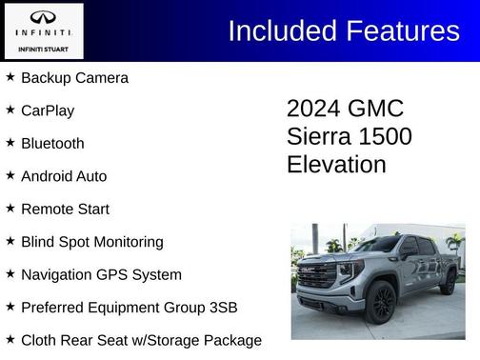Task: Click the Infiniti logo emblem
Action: click(x=43, y=18)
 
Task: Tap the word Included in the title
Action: click(x=276, y=30)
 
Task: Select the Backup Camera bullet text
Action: click(x=74, y=77)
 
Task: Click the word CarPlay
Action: click(x=48, y=110)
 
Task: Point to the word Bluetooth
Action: click(x=52, y=143)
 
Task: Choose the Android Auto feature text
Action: click(x=64, y=176)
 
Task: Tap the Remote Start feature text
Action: click(x=65, y=209)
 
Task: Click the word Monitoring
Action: click(x=125, y=242)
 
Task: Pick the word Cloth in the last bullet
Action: click(x=40, y=340)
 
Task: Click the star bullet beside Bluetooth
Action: click(x=10, y=142)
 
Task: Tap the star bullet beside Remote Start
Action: click(x=10, y=208)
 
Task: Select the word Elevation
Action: click(x=336, y=164)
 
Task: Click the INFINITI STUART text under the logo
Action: click(x=43, y=48)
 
